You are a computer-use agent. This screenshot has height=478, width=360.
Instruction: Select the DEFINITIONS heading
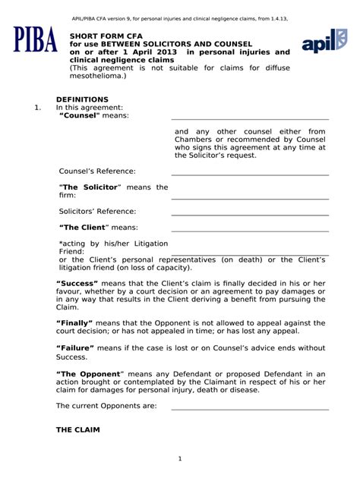coord(84,99)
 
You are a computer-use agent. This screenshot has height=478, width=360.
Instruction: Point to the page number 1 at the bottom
coord(180,458)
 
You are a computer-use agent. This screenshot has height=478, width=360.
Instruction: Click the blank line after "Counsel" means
coord(250,119)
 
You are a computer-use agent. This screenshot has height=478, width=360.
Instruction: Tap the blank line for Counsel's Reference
coord(250,175)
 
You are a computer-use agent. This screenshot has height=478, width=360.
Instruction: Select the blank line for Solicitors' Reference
coord(250,214)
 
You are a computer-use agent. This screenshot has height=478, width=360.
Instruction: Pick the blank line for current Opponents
coord(250,409)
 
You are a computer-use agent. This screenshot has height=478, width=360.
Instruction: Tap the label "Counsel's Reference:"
coord(97,171)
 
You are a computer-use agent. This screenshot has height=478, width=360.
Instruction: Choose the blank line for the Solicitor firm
coord(250,198)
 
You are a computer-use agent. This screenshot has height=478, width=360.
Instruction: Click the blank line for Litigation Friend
coord(250,253)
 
